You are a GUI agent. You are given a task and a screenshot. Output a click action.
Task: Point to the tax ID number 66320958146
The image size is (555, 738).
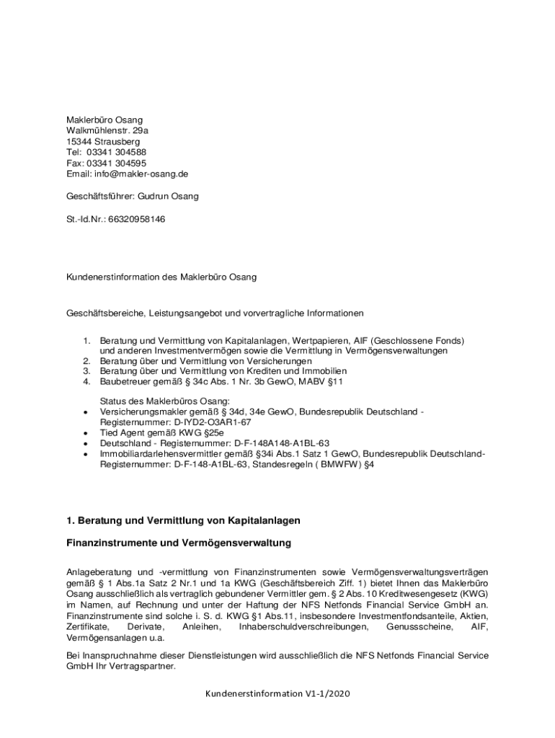pos(136,218)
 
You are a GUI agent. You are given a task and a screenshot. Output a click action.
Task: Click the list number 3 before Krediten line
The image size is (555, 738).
pos(86,371)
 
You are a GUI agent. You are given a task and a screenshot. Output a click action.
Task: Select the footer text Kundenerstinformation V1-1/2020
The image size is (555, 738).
pos(277,693)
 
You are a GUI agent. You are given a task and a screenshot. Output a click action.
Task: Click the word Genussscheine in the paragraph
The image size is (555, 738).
pos(419,627)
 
